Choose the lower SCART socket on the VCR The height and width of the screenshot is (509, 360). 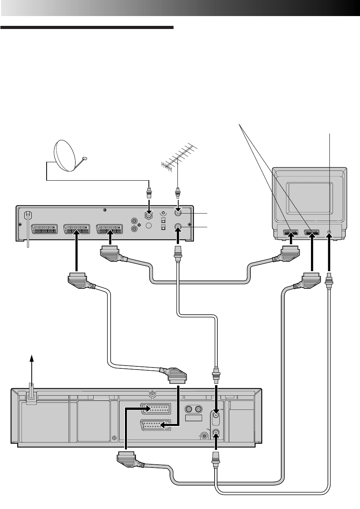click(156, 425)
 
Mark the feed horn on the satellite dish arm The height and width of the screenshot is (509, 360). click(84, 159)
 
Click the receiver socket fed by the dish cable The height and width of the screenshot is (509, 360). click(149, 216)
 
